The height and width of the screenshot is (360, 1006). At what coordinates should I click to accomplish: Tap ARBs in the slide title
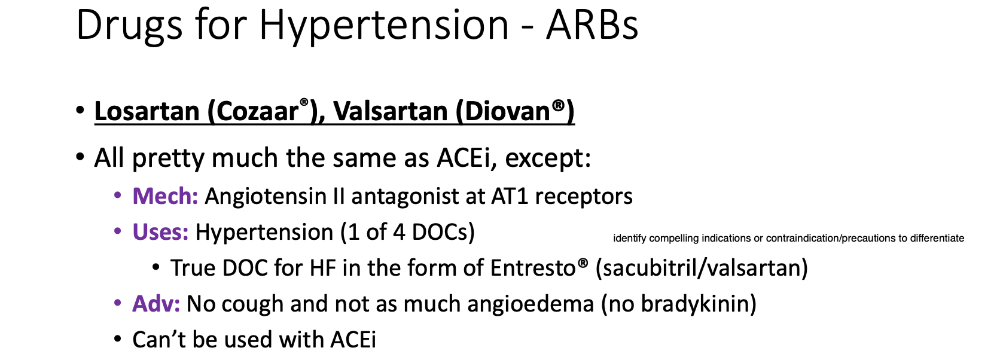pyautogui.click(x=592, y=25)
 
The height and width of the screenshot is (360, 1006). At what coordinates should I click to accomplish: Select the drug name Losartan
pyautogui.click(x=147, y=111)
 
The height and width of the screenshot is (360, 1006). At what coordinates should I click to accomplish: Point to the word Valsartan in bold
pyautogui.click(x=391, y=111)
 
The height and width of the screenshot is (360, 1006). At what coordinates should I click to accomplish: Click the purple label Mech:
pyautogui.click(x=165, y=196)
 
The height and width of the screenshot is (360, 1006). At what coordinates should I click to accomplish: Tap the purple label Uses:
pyautogui.click(x=160, y=232)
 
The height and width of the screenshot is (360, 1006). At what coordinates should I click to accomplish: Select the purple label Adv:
pyautogui.click(x=156, y=304)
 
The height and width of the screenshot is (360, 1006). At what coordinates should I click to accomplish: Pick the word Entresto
pyautogui.click(x=533, y=268)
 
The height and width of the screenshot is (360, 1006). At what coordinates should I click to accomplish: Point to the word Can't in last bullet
pyautogui.click(x=159, y=340)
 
